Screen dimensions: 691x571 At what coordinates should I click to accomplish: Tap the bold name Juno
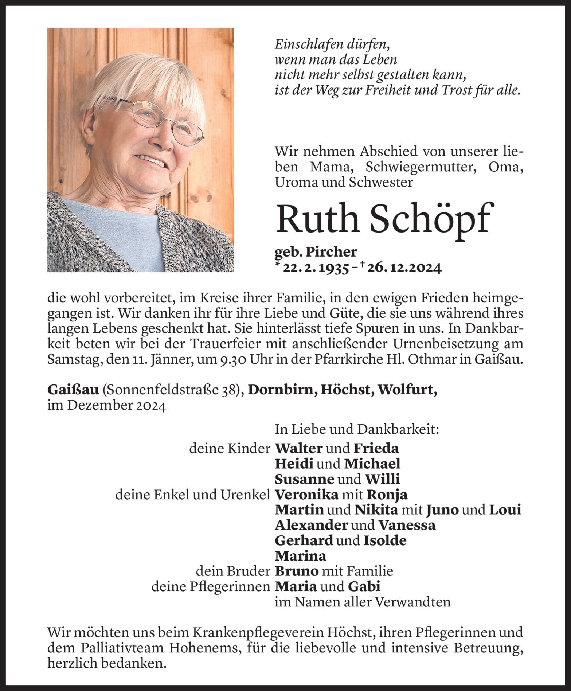[x=442, y=510]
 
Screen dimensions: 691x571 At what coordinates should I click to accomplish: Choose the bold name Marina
[x=300, y=556]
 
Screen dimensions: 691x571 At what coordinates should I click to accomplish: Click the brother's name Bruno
[x=297, y=571]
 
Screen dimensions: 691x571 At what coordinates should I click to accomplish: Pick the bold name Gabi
[x=364, y=586]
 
